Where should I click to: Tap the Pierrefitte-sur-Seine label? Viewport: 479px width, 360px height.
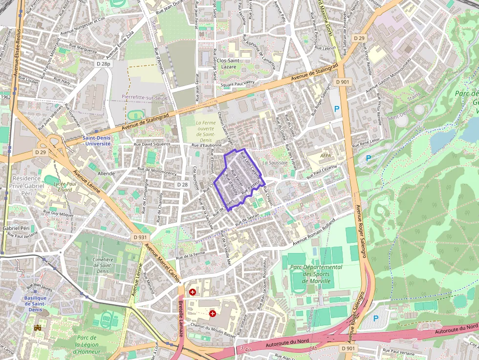tap(145, 97)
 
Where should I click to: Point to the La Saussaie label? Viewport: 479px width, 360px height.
tap(274, 162)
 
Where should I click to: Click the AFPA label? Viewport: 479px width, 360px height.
tap(325, 155)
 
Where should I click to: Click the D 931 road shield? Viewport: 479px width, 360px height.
tap(140, 237)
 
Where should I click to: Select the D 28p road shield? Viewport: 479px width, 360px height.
tap(104, 64)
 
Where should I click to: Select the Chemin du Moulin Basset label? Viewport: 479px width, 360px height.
tap(213, 330)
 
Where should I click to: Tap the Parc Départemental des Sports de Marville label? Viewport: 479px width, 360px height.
tap(316, 274)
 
